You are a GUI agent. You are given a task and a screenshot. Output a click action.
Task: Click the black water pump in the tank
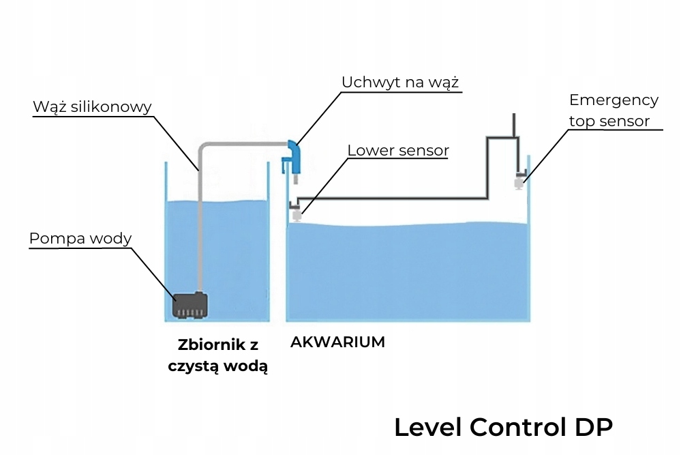click(190, 305)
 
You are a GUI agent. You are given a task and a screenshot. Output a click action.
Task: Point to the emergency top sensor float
click(519, 183)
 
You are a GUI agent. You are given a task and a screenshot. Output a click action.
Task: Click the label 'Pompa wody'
click(80, 239)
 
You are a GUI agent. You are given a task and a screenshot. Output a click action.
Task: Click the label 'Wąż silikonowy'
click(92, 107)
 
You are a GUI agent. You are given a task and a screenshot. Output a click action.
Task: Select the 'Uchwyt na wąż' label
click(400, 83)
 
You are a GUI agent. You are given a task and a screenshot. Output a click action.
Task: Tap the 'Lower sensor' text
click(398, 150)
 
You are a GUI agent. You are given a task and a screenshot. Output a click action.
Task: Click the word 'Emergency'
click(614, 100)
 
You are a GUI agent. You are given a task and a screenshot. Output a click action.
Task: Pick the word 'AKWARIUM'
click(337, 342)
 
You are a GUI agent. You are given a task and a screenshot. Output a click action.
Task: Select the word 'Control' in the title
click(517, 427)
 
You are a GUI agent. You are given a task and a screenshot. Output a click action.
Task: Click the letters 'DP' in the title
click(594, 427)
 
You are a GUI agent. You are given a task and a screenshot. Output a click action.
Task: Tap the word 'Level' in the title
click(428, 427)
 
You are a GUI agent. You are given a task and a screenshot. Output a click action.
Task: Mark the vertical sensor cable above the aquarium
click(514, 126)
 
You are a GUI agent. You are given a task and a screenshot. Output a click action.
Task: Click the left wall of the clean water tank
click(166, 241)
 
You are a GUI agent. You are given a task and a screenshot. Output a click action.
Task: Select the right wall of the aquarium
click(528, 238)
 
